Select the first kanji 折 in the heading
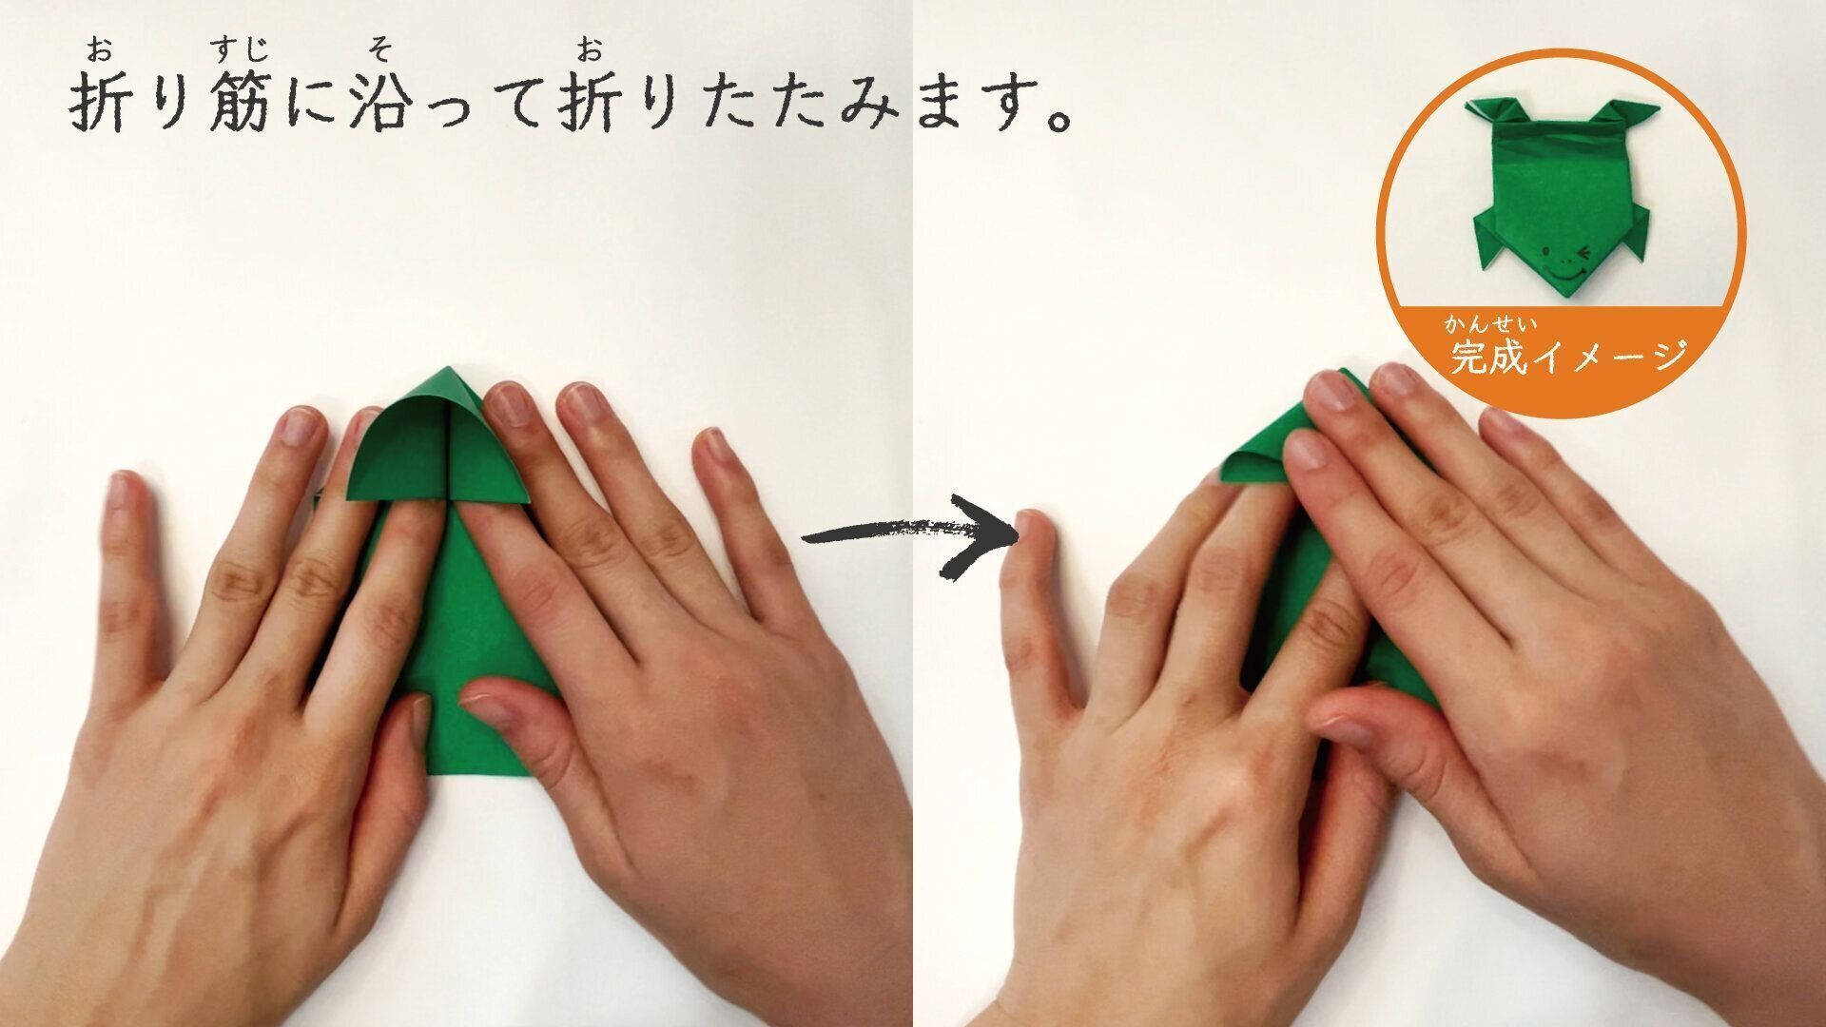tap(101, 103)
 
